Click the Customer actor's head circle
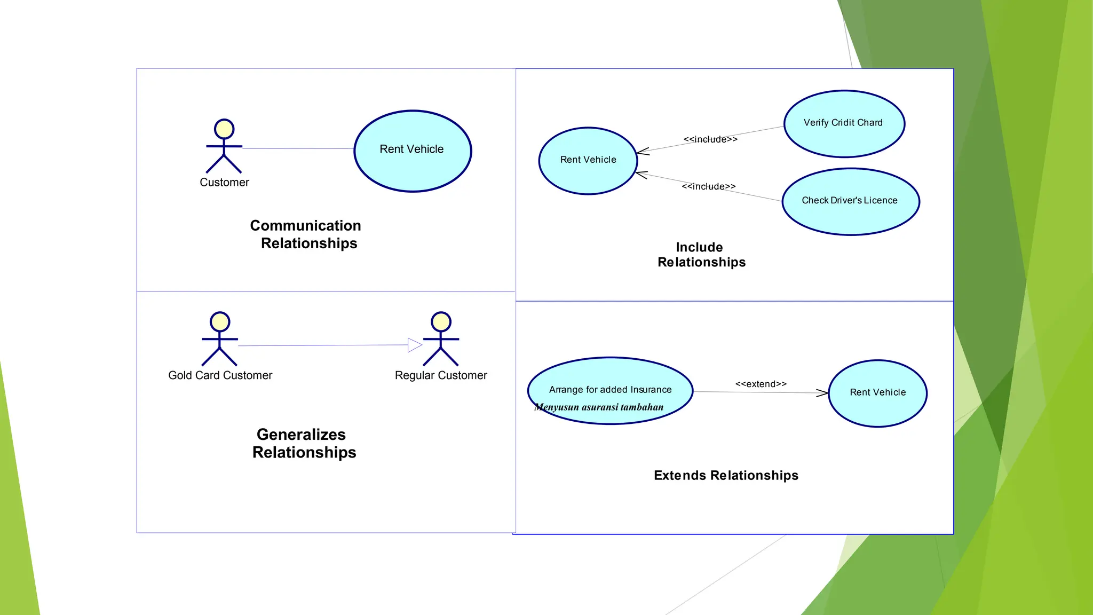point(224,129)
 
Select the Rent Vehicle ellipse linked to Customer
point(412,151)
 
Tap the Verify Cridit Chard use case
point(844,123)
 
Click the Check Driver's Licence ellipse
point(850,201)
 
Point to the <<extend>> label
point(761,384)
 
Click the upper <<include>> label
point(710,139)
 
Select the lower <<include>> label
point(708,186)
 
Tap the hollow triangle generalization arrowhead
point(414,345)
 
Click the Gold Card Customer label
point(220,375)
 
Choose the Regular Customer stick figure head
point(441,322)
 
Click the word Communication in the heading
point(305,225)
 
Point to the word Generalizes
point(301,435)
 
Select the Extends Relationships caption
point(726,475)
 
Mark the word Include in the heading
point(699,247)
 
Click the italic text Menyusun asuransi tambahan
point(599,407)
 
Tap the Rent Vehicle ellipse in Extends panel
point(877,393)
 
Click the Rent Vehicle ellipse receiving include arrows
point(588,160)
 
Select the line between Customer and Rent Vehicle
point(298,148)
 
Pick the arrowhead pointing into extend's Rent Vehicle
point(822,393)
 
